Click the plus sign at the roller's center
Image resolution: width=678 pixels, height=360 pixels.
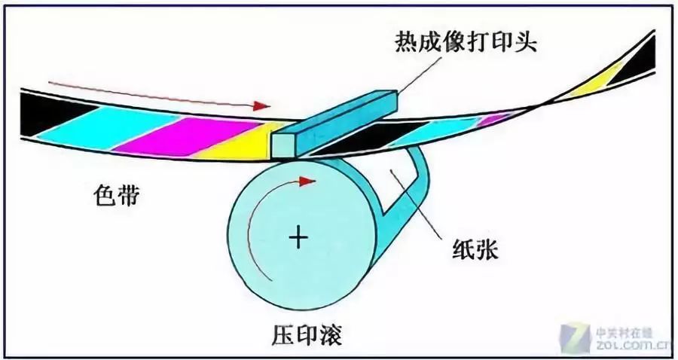point(299,239)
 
